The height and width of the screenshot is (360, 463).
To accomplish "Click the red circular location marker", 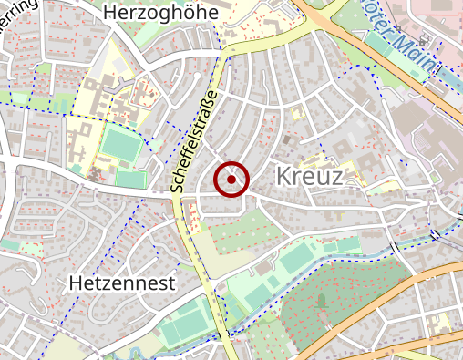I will [231, 180].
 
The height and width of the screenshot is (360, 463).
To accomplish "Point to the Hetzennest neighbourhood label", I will [121, 283].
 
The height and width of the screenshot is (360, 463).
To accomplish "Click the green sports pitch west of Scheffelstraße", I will [122, 144].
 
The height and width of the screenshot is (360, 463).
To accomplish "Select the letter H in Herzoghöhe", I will [111, 13].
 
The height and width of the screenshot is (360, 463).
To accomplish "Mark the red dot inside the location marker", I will [231, 180].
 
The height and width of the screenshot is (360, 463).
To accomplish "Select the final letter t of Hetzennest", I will [170, 283].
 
